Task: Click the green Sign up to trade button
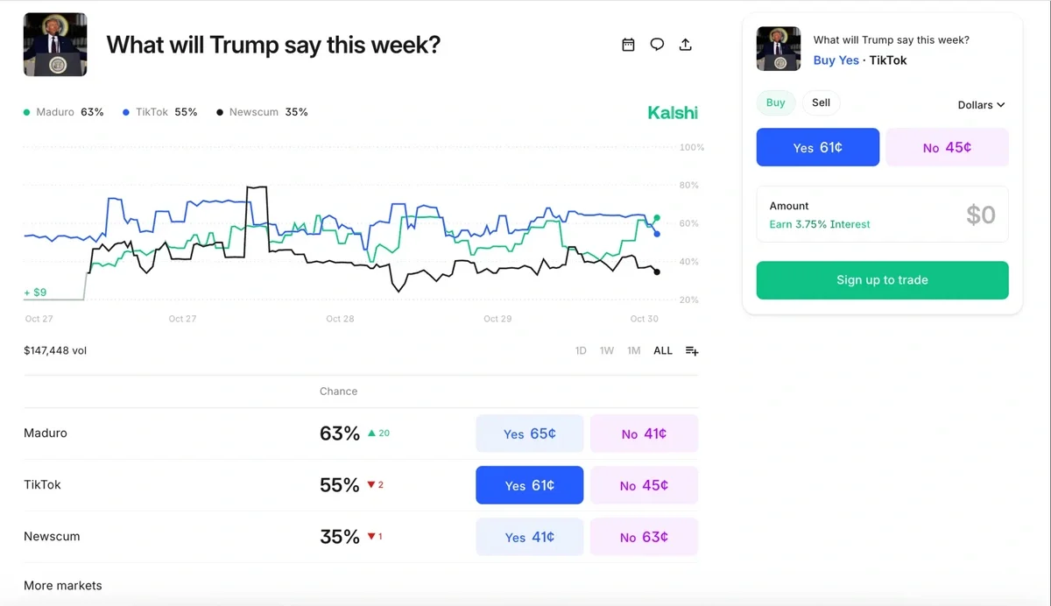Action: (882, 280)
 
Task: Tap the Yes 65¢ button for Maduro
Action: (529, 433)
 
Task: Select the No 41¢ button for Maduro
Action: (644, 433)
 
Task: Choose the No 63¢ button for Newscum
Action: (644, 537)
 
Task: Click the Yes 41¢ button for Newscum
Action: (529, 537)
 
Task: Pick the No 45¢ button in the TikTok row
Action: (644, 485)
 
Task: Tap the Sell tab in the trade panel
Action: (821, 102)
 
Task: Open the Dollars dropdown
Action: (981, 105)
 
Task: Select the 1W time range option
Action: (607, 350)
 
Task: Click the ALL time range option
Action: (663, 350)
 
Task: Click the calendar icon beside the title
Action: (628, 45)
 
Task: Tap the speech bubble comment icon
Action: (657, 45)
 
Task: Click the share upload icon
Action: (686, 45)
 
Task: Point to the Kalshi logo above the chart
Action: (673, 112)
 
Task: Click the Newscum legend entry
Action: (262, 112)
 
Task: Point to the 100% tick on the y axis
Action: (692, 147)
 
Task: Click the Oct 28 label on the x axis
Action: (340, 319)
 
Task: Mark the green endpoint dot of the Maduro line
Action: (657, 218)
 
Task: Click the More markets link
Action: (63, 585)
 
